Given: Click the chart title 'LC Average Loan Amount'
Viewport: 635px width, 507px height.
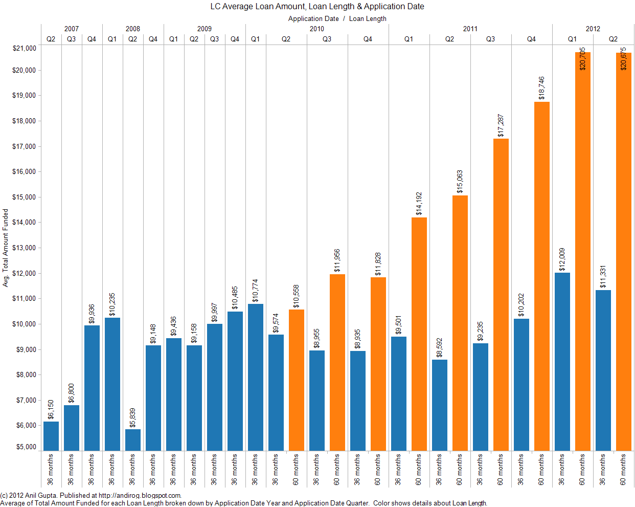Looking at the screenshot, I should (x=317, y=7).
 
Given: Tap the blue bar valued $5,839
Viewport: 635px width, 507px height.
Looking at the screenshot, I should (x=133, y=440).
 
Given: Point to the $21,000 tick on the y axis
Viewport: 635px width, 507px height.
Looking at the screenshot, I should (x=25, y=49).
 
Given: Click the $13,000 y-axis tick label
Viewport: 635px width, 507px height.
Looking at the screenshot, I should (x=25, y=248).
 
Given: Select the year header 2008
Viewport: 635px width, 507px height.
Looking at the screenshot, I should (x=133, y=29).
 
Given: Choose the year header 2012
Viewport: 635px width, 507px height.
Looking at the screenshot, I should (x=593, y=29).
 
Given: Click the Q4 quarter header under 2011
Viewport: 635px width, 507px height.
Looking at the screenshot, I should (x=532, y=39).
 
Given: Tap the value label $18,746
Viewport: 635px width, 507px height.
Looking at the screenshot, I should (x=542, y=88).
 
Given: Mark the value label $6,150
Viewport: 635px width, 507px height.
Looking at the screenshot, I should (x=51, y=410).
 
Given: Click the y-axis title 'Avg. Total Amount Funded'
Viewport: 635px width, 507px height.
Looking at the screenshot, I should (x=6, y=248).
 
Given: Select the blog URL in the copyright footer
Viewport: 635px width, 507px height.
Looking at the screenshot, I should (x=139, y=495).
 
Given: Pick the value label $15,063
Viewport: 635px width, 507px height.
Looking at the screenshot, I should (x=460, y=182).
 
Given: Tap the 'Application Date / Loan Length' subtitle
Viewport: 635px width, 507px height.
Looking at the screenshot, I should (x=337, y=19).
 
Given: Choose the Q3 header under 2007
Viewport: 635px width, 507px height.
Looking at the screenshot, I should (x=72, y=39).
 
